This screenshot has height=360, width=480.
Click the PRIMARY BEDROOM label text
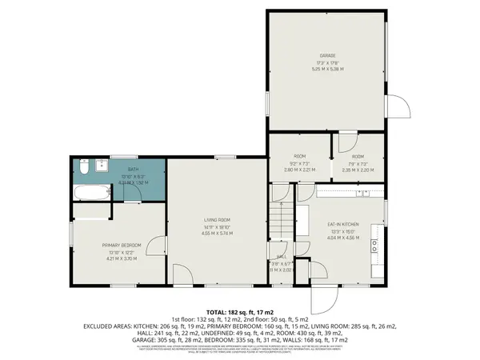coord(121,245)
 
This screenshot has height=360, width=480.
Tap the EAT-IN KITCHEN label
coord(342,225)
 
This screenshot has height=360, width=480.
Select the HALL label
coord(281,256)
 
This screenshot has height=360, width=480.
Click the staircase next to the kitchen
coord(282,220)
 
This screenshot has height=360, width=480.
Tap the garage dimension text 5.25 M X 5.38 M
coord(326,69)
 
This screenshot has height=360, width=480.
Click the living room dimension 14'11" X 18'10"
coord(216,226)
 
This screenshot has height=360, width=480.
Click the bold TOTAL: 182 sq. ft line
coord(240,313)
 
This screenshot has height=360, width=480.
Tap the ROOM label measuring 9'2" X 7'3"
coord(299,157)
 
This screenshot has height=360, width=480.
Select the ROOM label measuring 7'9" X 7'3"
coord(357,157)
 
